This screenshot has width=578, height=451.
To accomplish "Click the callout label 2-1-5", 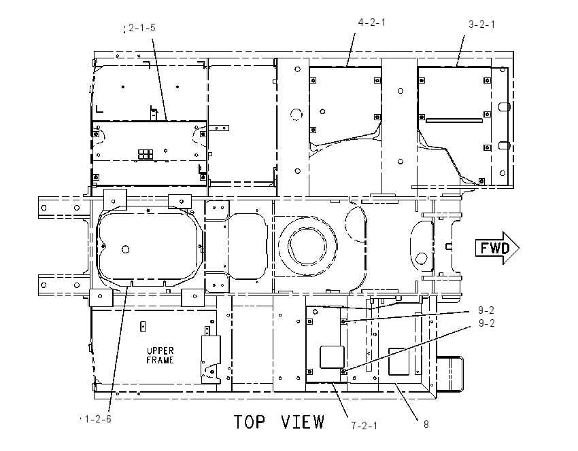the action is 142,28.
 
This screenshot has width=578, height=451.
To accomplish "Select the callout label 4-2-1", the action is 372,22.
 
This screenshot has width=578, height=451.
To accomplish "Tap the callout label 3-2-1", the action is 482,24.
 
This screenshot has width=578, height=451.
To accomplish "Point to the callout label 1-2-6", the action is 98,419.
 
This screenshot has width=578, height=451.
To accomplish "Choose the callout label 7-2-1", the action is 364,426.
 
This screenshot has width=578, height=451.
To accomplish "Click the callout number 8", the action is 426,425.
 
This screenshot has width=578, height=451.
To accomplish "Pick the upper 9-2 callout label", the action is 486,310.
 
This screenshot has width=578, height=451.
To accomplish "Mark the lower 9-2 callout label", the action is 487,323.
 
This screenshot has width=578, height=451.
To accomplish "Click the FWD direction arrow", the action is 497,248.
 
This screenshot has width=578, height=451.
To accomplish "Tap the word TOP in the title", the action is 250,422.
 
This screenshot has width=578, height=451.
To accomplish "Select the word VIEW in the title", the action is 303,422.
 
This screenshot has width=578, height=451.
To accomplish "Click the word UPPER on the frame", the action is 160,351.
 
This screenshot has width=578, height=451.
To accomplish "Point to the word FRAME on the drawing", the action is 160,360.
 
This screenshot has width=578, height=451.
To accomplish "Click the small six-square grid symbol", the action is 146,154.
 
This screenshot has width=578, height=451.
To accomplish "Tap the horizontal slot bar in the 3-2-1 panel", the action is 454,120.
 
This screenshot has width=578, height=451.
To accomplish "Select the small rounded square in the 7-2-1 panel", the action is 332,357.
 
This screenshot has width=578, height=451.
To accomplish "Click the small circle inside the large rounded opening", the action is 125,250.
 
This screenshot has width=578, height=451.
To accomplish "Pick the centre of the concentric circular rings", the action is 307,246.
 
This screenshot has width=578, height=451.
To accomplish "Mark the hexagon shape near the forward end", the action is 421,258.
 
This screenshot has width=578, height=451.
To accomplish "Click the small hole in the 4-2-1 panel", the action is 322,111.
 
